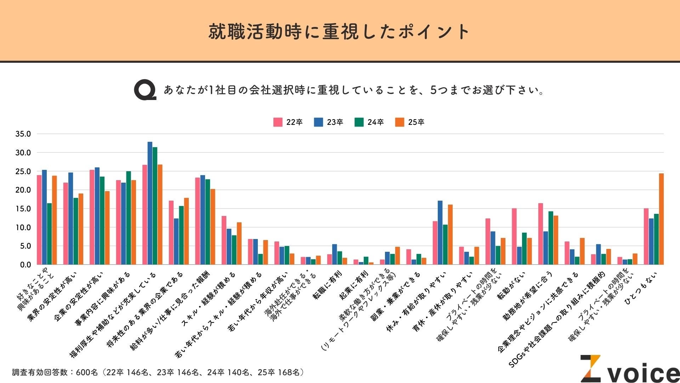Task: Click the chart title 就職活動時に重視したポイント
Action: point(339,32)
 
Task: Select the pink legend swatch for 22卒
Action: point(278,122)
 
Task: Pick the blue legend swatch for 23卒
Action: point(318,122)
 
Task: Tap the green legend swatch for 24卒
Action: point(359,122)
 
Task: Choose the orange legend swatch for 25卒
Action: point(400,122)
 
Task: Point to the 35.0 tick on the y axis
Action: point(23,134)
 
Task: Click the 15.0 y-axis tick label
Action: point(23,209)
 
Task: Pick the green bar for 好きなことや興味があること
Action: point(49,234)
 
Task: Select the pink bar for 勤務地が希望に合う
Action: point(540,234)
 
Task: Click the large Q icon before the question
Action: point(145,91)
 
